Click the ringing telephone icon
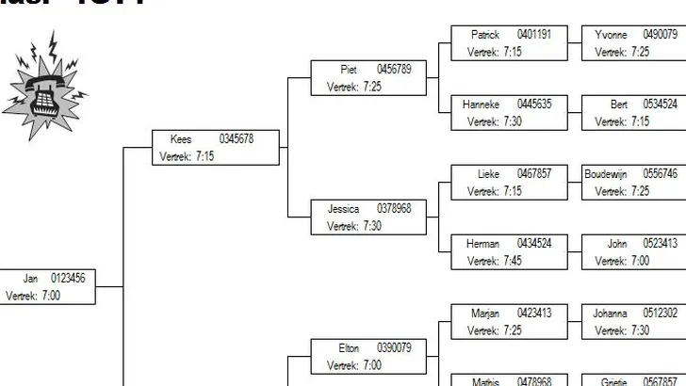click(x=41, y=85)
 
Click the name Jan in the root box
click(x=30, y=278)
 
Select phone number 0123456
click(x=68, y=278)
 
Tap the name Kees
click(x=181, y=139)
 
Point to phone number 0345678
click(x=237, y=139)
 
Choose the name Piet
click(x=349, y=69)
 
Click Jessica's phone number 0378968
click(x=394, y=208)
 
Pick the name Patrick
click(x=485, y=35)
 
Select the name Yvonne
click(x=611, y=35)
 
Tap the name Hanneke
click(x=481, y=105)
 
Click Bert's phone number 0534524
click(x=660, y=105)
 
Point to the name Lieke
click(x=488, y=173)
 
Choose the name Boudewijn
click(x=604, y=173)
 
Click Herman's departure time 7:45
click(x=513, y=261)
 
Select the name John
click(x=617, y=244)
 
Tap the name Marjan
click(x=484, y=314)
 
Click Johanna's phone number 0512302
click(x=661, y=314)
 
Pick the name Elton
click(x=349, y=347)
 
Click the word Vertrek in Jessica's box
click(x=341, y=226)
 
